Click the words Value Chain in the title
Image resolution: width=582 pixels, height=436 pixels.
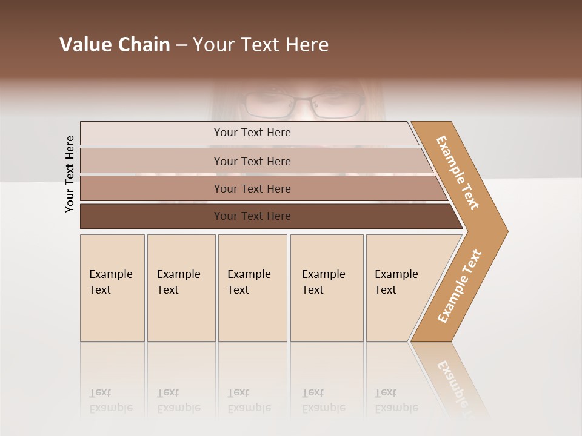pos(115,45)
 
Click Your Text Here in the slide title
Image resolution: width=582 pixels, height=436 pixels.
pos(261,45)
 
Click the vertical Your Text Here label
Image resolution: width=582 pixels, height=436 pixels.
pos(70,174)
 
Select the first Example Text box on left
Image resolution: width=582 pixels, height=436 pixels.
pos(112,288)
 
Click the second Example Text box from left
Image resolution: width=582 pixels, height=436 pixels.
pos(181,288)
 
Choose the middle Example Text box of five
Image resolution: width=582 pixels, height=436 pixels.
pos(252,288)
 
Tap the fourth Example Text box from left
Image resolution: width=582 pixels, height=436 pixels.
pos(327,288)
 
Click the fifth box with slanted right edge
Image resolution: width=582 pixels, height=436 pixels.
pos(400,288)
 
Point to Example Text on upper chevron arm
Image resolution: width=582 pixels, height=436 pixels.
pos(458,173)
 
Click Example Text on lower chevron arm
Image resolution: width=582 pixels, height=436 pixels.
pos(460,286)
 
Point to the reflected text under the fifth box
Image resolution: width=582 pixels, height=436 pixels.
pos(396,401)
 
